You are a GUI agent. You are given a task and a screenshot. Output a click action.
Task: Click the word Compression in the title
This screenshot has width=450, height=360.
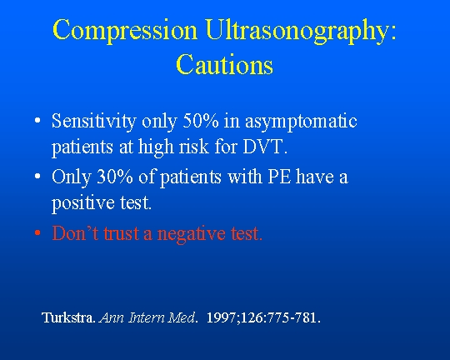tap(125, 31)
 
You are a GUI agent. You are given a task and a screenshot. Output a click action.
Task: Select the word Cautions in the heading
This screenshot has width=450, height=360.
tap(224, 64)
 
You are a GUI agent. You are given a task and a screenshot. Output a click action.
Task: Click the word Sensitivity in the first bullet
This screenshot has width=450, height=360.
tap(93, 122)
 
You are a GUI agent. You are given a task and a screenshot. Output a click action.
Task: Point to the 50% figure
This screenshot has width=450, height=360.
tap(200, 121)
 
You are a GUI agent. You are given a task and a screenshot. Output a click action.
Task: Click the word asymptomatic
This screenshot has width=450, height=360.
tap(301, 122)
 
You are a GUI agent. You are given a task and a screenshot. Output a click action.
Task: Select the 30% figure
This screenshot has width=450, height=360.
tap(115, 177)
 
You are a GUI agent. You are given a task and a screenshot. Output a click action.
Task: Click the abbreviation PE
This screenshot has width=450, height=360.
tap(279, 177)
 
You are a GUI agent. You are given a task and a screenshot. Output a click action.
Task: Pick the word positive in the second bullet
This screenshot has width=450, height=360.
tap(83, 203)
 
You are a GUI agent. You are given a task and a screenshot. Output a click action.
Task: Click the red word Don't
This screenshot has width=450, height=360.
tap(75, 232)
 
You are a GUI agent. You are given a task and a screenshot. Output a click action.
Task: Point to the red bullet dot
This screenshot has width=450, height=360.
tap(37, 232)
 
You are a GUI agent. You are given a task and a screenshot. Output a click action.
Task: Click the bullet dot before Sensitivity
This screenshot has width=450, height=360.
tap(37, 120)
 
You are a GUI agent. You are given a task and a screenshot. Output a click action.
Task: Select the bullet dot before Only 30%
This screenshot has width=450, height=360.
tap(37, 176)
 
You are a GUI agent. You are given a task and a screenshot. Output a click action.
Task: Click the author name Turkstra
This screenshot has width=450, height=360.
tap(67, 317)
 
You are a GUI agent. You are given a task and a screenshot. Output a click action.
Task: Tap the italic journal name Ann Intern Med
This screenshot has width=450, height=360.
tap(147, 317)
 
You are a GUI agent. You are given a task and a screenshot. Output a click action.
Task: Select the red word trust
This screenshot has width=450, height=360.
tap(122, 233)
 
